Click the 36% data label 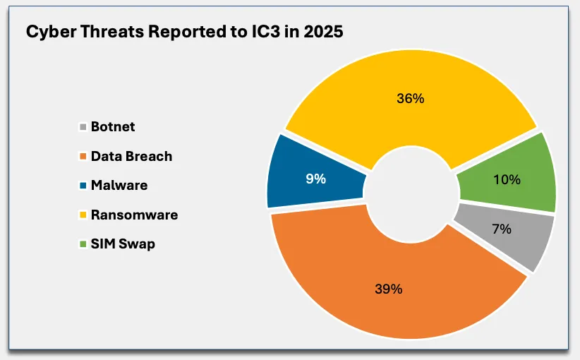tap(410, 99)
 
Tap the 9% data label tap(315, 179)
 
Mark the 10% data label tap(507, 180)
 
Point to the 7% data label tap(501, 229)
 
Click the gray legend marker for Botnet tap(83, 128)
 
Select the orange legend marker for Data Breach tap(83, 157)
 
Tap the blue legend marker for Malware tap(83, 186)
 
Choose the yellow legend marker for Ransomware tap(83, 215)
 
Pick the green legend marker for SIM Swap tap(83, 244)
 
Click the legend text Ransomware tap(134, 215)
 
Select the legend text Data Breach tap(131, 156)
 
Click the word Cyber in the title tap(48, 33)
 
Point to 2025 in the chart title tap(322, 33)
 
